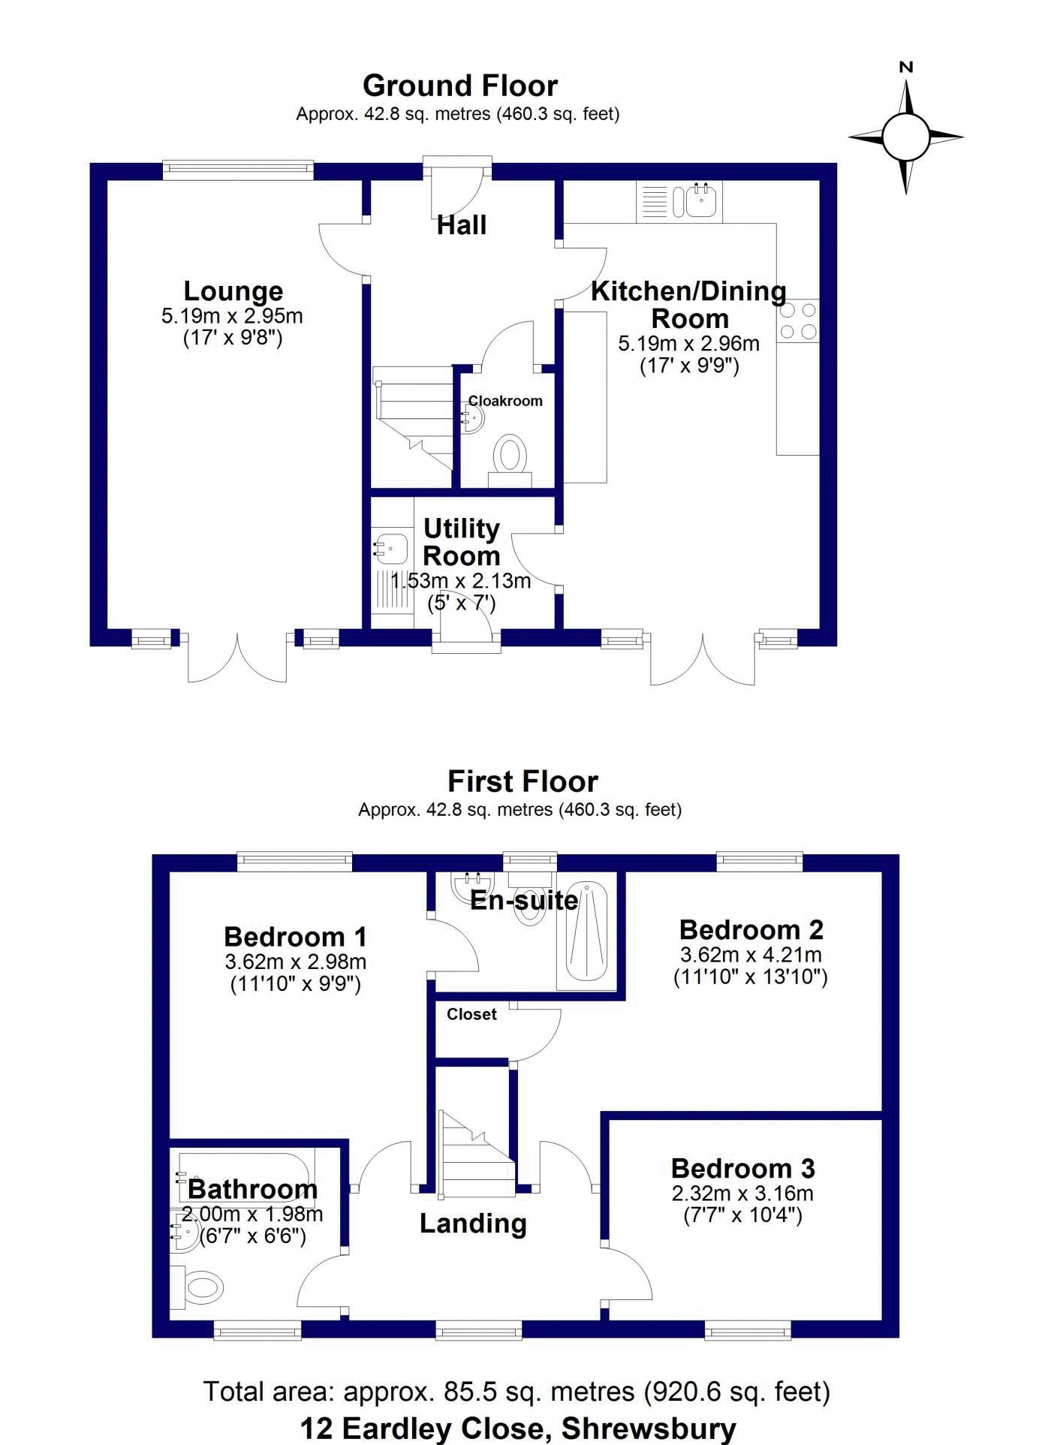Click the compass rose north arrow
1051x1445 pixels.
906,98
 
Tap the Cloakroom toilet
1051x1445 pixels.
510,460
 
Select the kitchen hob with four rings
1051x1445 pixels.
798,321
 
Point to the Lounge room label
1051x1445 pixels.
233,291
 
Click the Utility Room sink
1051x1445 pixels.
391,549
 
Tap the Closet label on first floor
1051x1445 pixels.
471,1014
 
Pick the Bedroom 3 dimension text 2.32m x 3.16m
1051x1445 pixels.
742,1194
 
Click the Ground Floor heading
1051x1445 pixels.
460,86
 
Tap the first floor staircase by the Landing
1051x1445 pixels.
477,1150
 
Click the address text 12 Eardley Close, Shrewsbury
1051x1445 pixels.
518,1427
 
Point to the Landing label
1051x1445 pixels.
473,1224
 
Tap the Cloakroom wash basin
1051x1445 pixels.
473,419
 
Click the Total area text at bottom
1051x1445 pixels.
517,1391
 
